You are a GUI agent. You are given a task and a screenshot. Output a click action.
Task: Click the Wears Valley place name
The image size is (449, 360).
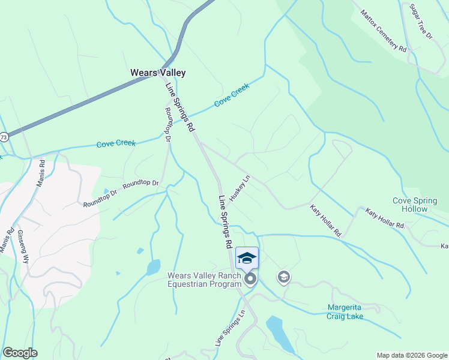tap(158, 73)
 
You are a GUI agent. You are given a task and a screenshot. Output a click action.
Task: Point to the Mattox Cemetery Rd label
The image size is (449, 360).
tap(384, 31)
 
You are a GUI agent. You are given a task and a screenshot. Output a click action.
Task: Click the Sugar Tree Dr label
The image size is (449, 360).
tap(421, 22)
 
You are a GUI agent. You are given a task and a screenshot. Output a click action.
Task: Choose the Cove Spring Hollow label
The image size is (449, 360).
tap(418, 205)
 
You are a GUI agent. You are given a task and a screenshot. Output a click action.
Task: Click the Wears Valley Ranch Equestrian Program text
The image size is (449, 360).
tap(203, 280)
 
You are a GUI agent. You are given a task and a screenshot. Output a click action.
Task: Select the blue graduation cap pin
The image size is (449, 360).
tap(247, 259)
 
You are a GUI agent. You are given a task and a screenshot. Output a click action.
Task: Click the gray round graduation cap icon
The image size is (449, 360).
tap(283, 277)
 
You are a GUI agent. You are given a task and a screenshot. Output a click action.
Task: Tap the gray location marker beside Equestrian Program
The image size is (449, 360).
tap(250, 279)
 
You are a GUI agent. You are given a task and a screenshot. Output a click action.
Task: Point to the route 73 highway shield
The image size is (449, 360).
tap(4, 137)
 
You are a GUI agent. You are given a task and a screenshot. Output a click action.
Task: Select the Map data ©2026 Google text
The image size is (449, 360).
tap(412, 355)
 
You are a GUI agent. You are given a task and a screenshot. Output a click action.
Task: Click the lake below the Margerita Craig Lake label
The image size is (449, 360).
tap(279, 333)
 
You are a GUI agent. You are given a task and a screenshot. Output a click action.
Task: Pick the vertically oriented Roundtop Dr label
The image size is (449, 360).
tap(168, 125)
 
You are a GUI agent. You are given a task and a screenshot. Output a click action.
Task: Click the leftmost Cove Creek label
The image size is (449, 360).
tap(116, 143)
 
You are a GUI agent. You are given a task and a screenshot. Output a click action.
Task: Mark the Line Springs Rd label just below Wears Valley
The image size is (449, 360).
tap(180, 107)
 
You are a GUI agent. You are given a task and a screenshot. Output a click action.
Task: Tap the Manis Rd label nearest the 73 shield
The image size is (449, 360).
tap(40, 173)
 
